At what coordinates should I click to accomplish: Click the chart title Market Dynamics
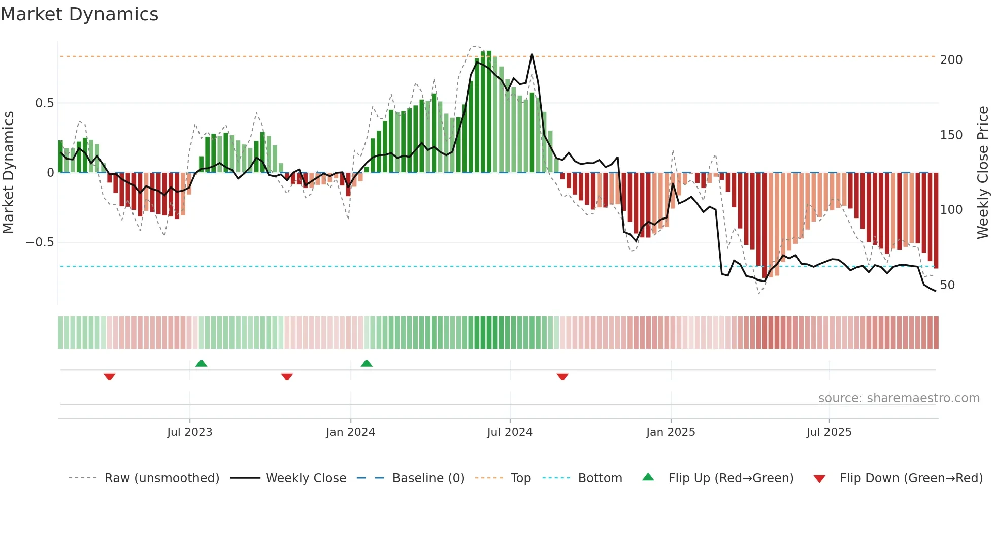pyautogui.click(x=80, y=14)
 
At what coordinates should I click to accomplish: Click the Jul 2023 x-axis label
pyautogui.click(x=189, y=432)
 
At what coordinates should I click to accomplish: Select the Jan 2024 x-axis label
pyautogui.click(x=350, y=432)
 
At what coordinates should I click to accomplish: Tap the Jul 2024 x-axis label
pyautogui.click(x=510, y=432)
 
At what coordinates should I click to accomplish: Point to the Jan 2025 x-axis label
pyautogui.click(x=671, y=432)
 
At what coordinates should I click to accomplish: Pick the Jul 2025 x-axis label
pyautogui.click(x=829, y=432)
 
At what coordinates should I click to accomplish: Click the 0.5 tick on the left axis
pyautogui.click(x=44, y=103)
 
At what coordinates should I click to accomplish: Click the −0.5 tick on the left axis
pyautogui.click(x=40, y=242)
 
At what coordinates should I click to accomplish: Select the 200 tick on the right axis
pyautogui.click(x=951, y=60)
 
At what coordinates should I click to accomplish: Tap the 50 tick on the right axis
pyautogui.click(x=947, y=285)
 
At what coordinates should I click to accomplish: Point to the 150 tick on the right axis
pyautogui.click(x=951, y=135)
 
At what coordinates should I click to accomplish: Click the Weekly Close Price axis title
pyautogui.click(x=983, y=172)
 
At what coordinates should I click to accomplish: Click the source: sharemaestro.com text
pyautogui.click(x=899, y=398)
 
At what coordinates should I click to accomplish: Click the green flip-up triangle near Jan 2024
pyautogui.click(x=367, y=363)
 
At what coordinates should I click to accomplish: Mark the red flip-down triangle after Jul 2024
pyautogui.click(x=562, y=377)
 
